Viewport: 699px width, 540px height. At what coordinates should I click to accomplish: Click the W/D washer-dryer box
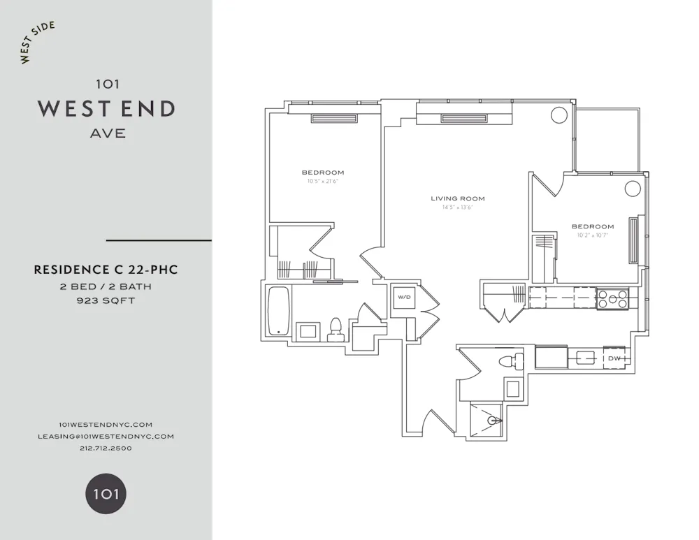(x=404, y=298)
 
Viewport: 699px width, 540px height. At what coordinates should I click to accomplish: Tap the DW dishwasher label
(x=614, y=358)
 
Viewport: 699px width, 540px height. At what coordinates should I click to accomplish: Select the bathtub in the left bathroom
(x=278, y=312)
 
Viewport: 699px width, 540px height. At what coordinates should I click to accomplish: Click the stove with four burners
(x=612, y=299)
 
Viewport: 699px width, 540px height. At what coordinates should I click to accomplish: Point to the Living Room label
(x=457, y=198)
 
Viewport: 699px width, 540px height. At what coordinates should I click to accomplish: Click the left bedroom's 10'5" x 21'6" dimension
(x=322, y=181)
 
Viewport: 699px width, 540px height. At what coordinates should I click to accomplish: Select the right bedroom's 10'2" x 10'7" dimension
(x=593, y=235)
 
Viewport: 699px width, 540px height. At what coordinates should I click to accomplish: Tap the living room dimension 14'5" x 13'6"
(x=457, y=207)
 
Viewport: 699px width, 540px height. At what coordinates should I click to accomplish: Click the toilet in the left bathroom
(x=335, y=329)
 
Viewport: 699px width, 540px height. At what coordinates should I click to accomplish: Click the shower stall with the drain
(x=488, y=419)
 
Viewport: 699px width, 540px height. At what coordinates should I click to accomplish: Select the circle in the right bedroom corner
(x=633, y=189)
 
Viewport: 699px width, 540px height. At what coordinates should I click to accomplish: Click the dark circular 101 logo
(x=106, y=495)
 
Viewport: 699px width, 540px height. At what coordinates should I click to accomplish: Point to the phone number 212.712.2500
(x=106, y=448)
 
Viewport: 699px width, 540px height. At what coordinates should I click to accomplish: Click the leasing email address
(x=106, y=436)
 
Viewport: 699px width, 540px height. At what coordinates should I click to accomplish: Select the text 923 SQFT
(x=106, y=301)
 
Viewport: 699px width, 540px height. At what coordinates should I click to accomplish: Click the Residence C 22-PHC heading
(x=106, y=270)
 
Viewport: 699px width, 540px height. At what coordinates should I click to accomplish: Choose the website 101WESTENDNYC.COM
(x=106, y=424)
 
